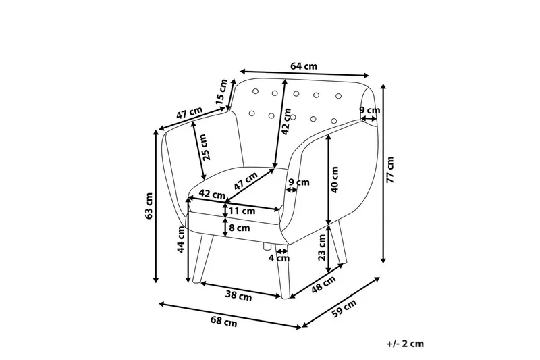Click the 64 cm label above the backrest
point(304,66)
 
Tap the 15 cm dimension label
point(222,91)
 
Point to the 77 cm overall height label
point(390,171)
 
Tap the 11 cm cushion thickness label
point(242,211)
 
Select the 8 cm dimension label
point(240,228)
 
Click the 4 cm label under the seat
point(279,257)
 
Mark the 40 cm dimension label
point(333,180)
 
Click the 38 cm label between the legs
point(238,295)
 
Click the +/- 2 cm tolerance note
point(406,344)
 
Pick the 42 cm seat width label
point(213,195)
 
